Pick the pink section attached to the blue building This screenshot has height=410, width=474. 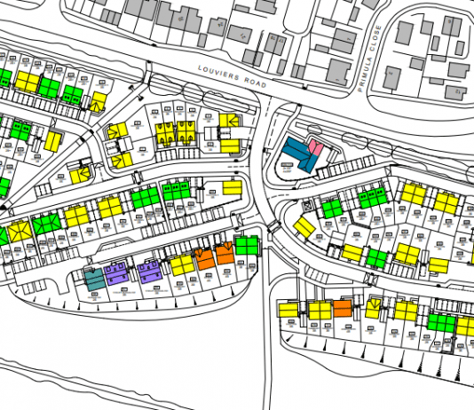312,151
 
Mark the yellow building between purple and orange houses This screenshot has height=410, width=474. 182,264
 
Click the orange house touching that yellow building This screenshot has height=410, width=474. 204,257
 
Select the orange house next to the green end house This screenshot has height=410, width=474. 225,252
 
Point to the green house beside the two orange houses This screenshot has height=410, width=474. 246,244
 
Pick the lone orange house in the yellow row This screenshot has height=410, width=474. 342,309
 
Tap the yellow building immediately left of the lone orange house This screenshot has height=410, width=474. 320,311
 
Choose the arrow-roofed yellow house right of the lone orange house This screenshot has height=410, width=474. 374,308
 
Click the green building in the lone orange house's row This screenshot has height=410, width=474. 441,320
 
